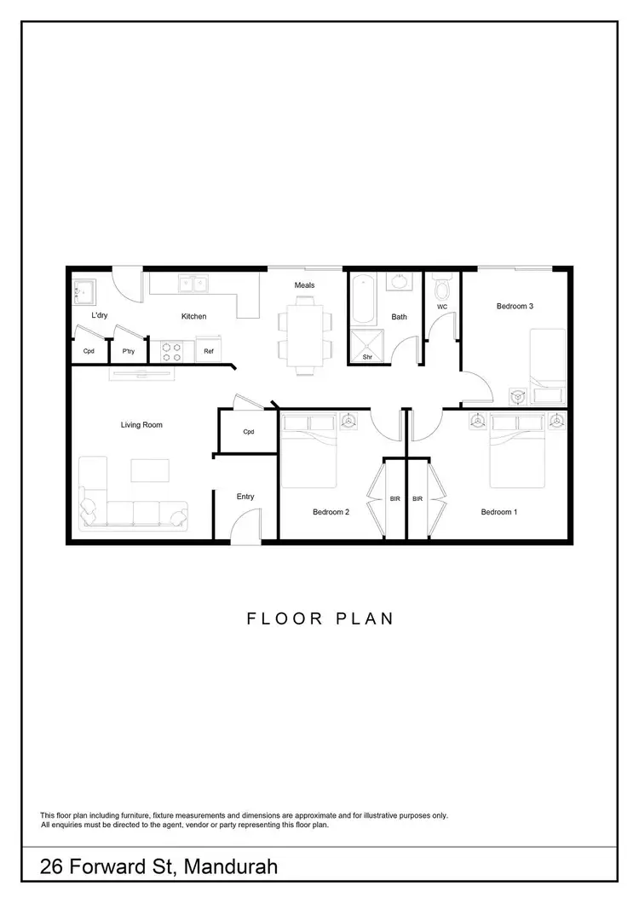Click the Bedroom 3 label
click(x=515, y=306)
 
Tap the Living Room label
click(x=141, y=424)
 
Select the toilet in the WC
click(x=440, y=285)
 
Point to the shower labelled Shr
click(x=368, y=348)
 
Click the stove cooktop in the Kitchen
click(x=170, y=350)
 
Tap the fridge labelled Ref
click(x=209, y=350)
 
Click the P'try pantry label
click(x=129, y=351)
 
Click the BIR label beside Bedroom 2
click(x=394, y=498)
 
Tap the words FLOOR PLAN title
click(x=320, y=618)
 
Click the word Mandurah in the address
click(x=228, y=867)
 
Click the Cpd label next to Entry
click(x=249, y=432)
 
